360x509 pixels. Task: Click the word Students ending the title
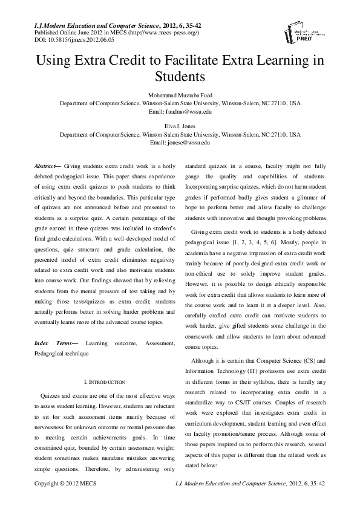pos(180,77)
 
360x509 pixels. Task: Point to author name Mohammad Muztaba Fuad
pos(180,96)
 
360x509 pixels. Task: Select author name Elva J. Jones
pos(180,126)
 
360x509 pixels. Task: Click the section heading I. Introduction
pos(104,382)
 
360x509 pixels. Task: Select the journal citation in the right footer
pos(249,484)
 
